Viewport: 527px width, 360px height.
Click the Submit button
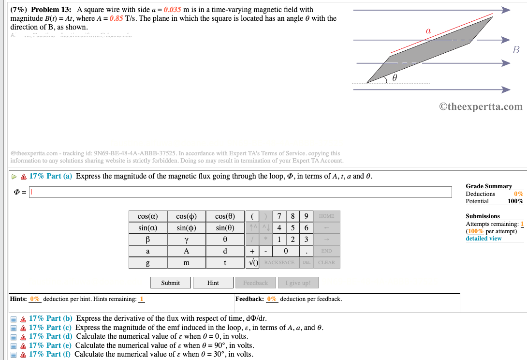170,283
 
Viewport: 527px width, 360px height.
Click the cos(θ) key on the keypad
225,216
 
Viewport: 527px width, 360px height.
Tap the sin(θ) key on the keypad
225,228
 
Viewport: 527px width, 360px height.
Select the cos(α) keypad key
147,216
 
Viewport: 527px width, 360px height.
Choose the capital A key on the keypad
186,251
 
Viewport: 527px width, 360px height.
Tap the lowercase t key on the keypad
225,263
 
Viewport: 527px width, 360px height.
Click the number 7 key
279,216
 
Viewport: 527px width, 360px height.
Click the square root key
252,263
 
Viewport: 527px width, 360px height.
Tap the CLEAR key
327,263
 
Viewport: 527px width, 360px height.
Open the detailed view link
483,239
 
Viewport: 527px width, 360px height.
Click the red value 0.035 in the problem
174,10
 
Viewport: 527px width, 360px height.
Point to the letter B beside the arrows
516,50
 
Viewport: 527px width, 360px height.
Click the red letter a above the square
427,30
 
